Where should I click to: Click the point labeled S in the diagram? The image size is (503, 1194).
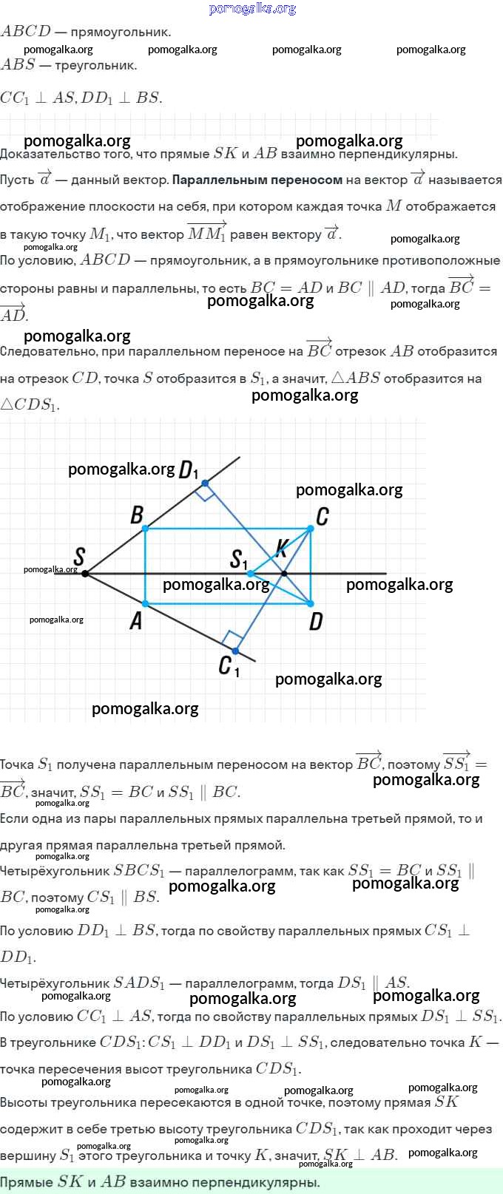(x=85, y=574)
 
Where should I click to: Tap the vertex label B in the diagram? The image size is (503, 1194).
(x=137, y=515)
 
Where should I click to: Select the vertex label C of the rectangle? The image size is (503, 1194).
(x=323, y=516)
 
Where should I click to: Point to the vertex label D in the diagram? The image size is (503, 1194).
(x=316, y=621)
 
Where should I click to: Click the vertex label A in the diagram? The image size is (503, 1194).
(x=136, y=620)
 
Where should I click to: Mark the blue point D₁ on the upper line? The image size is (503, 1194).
(x=206, y=483)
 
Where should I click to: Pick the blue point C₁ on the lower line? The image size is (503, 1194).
(x=236, y=651)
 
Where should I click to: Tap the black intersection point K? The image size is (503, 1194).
(x=284, y=574)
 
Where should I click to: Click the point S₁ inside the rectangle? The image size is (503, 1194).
(x=250, y=574)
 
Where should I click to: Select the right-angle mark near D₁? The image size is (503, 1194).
(x=205, y=494)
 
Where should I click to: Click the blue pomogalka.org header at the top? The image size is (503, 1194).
(x=252, y=9)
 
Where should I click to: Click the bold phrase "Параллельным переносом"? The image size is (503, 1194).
(x=257, y=180)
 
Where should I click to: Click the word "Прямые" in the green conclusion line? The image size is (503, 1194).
(x=27, y=1181)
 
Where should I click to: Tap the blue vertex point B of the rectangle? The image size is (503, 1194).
(x=145, y=528)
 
